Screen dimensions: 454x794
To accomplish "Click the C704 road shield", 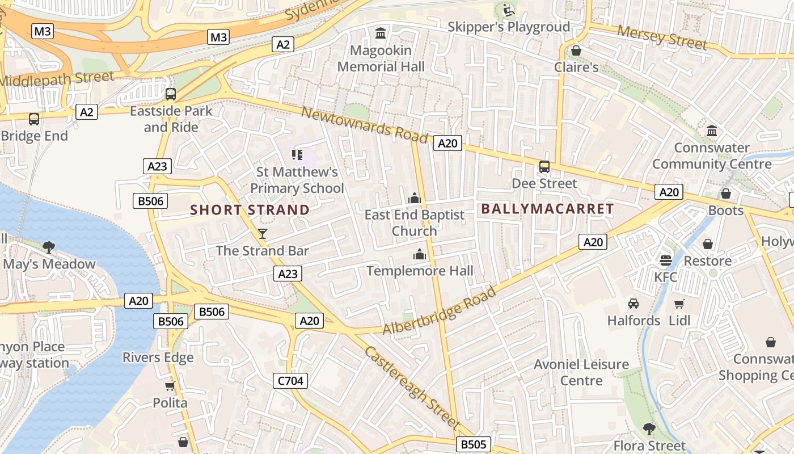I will pos(290,381).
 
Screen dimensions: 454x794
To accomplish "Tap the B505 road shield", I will pos(473,444).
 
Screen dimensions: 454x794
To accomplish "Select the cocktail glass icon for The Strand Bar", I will pos(263,233).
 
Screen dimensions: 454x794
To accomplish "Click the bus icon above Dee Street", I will pos(544,167).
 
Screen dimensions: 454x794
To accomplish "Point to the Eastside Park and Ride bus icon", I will pos(171,94).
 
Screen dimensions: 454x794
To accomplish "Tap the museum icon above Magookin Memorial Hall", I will pos(381,33).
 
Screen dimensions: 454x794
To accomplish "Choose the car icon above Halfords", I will pos(633,304).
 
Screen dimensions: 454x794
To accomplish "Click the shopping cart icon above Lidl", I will pos(679,304).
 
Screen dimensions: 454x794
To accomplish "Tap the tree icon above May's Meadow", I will pos(49,247).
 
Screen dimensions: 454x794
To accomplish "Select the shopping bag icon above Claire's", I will pos(576,51).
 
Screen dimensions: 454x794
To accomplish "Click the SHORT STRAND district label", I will pos(250,210).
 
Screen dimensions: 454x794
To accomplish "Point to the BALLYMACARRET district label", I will pos(547,209).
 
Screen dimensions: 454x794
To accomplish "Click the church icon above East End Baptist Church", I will pos(415,198).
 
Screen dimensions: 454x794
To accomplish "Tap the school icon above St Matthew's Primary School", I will pos(297,154).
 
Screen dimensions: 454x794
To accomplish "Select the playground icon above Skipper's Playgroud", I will pos(508,10).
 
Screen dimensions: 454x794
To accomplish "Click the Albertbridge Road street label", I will pos(440,311).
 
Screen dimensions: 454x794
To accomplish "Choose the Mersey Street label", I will pos(662,37).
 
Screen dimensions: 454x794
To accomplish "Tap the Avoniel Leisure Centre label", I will pos(581,372).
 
